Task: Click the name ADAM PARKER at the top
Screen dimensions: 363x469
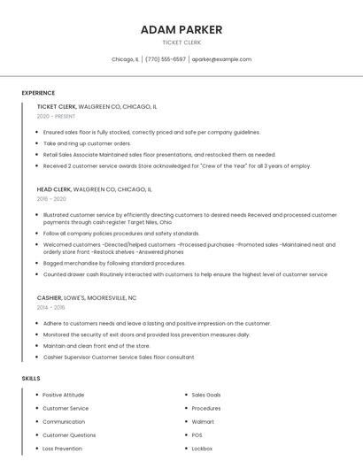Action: [181, 30]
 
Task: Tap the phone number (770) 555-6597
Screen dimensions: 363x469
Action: [166, 59]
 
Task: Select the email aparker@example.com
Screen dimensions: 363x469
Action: [221, 59]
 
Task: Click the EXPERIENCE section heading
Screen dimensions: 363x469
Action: [38, 93]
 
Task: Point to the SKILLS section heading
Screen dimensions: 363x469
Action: [31, 379]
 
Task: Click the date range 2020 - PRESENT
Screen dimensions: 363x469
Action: [56, 116]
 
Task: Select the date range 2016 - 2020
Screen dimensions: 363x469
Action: [52, 199]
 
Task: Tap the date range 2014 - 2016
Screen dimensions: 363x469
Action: [51, 308]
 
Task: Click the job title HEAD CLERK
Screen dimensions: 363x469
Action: [54, 189]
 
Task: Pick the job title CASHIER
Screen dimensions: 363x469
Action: [49, 298]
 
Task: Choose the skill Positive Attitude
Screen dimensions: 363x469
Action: [64, 395]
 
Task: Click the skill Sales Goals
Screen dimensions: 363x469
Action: [206, 395]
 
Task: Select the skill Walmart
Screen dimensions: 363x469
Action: [203, 421]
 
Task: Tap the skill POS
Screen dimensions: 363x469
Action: [197, 434]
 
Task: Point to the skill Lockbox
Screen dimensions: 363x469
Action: [202, 449]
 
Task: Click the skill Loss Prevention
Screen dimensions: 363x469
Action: [63, 449]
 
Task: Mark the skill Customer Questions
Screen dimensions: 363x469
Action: [69, 434]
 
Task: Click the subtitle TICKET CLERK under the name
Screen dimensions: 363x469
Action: [181, 42]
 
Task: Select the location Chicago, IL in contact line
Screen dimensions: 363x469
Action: [125, 59]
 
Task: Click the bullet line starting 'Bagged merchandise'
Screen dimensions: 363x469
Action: [114, 263]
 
